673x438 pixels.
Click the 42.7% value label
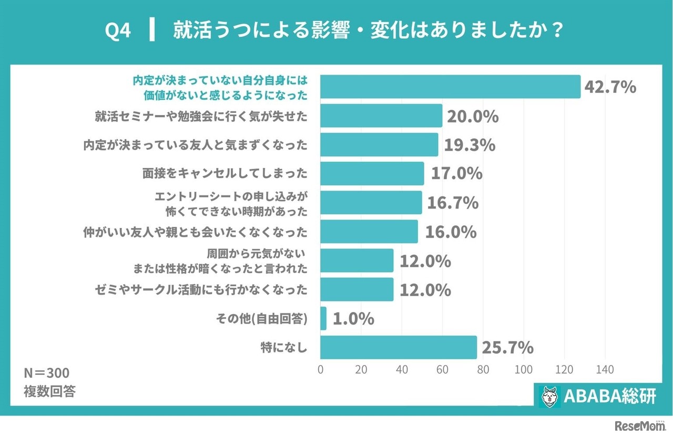[x=610, y=87]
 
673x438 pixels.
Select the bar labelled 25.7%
[x=398, y=347]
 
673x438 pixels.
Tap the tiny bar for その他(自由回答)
[x=323, y=318]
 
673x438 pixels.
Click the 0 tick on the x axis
[x=321, y=370]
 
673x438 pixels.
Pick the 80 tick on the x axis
[x=483, y=370]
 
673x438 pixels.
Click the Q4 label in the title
[x=118, y=31]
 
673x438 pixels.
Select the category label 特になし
[x=283, y=347]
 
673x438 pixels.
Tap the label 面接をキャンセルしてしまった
[x=225, y=174]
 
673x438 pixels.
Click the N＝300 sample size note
[x=46, y=373]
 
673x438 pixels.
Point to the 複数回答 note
[x=49, y=391]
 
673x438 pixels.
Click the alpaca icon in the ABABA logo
[x=549, y=396]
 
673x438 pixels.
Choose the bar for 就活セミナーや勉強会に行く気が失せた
[x=381, y=116]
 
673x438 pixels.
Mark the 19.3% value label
[x=470, y=145]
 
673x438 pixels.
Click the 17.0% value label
[x=456, y=174]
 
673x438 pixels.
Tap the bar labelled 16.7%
[x=371, y=203]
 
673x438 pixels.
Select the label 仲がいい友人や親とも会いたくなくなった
[x=195, y=232]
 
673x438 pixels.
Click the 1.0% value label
[x=353, y=318]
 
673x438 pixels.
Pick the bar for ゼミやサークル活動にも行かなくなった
[x=357, y=289]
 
